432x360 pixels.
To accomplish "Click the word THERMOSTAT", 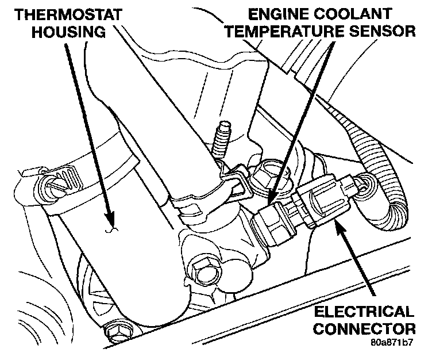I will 60,14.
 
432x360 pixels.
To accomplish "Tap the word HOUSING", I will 68,31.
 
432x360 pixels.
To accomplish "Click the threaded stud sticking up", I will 221,141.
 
